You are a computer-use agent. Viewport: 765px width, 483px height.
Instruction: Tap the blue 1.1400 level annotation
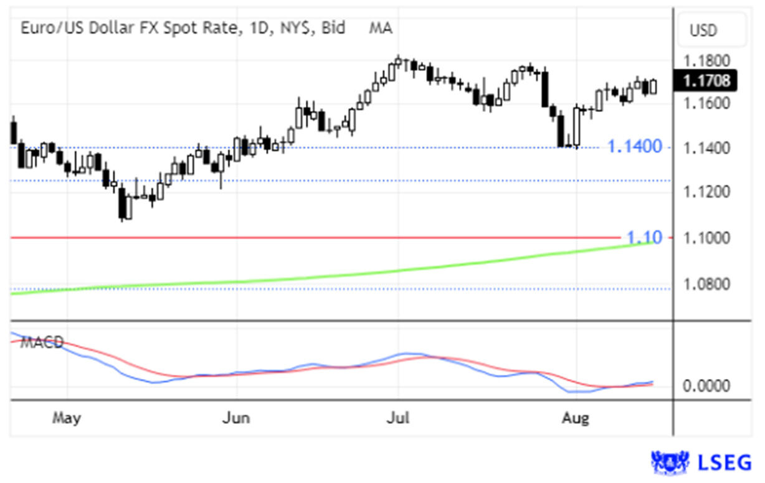point(635,147)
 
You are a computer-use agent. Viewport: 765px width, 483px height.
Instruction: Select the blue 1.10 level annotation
point(640,237)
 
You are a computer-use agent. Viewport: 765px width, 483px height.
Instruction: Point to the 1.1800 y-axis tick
point(706,61)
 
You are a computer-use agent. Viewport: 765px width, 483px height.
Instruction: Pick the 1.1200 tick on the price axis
point(706,192)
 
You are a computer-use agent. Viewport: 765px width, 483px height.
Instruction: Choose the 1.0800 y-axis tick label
point(706,284)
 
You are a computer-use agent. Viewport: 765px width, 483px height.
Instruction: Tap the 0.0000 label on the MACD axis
point(706,387)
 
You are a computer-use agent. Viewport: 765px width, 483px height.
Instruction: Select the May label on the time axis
point(66,418)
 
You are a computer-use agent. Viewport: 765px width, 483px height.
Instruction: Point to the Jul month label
point(398,418)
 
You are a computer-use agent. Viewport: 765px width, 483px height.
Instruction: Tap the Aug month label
point(575,418)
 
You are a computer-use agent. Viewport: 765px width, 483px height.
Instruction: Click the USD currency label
point(703,30)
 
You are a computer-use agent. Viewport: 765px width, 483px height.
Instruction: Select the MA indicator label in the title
point(381,28)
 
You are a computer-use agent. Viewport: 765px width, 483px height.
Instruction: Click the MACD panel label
point(41,342)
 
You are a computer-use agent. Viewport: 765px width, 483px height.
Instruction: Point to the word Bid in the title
point(333,28)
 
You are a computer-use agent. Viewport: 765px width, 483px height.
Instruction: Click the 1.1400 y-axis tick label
point(706,148)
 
